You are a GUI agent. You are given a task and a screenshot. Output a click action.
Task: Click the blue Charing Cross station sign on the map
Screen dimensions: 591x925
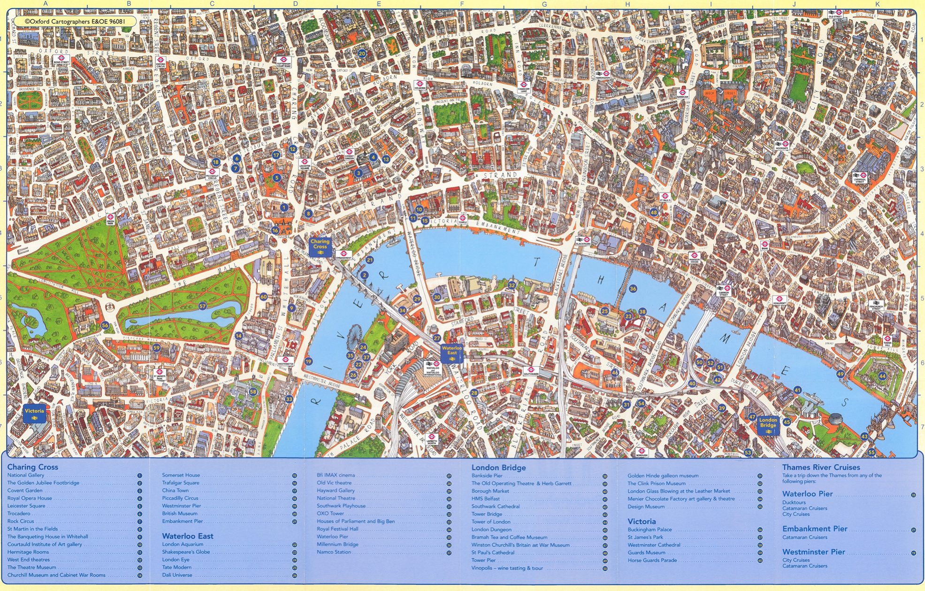click(x=320, y=246)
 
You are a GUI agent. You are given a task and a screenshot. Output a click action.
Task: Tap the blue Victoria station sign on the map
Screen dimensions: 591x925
click(x=34, y=414)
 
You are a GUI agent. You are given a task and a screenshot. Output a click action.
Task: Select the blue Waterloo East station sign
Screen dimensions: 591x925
click(x=452, y=353)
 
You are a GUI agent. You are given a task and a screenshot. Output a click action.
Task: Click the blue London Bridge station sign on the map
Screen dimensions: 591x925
click(x=768, y=425)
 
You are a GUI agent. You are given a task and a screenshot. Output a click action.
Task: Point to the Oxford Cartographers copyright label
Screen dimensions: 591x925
click(x=75, y=22)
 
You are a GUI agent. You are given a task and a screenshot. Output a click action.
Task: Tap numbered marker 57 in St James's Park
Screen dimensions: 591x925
click(x=202, y=306)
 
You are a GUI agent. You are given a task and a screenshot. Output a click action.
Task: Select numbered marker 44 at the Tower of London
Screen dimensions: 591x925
click(x=882, y=376)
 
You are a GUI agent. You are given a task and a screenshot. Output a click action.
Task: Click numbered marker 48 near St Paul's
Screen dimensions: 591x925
click(x=654, y=212)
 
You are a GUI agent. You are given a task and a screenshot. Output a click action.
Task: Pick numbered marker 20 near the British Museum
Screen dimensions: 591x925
click(x=362, y=54)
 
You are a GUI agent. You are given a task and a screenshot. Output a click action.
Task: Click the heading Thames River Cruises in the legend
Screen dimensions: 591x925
click(x=821, y=468)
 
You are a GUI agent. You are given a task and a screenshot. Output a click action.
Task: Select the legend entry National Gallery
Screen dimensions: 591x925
click(x=26, y=476)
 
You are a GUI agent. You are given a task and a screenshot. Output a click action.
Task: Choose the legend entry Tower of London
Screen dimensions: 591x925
click(x=490, y=522)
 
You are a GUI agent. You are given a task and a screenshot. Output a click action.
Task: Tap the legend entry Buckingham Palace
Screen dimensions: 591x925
click(x=650, y=530)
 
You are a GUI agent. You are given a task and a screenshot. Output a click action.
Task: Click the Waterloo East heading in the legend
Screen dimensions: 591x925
click(x=188, y=536)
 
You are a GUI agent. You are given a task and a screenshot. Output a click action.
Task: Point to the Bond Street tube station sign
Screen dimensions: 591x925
click(x=61, y=60)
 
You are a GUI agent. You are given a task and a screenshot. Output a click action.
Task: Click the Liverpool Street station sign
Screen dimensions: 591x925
click(x=859, y=177)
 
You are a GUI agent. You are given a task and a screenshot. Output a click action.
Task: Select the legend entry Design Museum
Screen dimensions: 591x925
click(x=646, y=507)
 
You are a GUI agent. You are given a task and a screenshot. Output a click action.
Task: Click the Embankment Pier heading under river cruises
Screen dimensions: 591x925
click(x=814, y=529)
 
